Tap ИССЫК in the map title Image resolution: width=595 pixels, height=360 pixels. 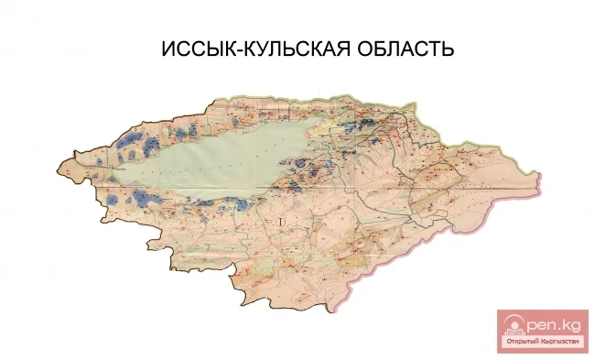click(x=192, y=47)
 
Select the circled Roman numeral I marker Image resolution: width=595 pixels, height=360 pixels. click(x=282, y=221)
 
